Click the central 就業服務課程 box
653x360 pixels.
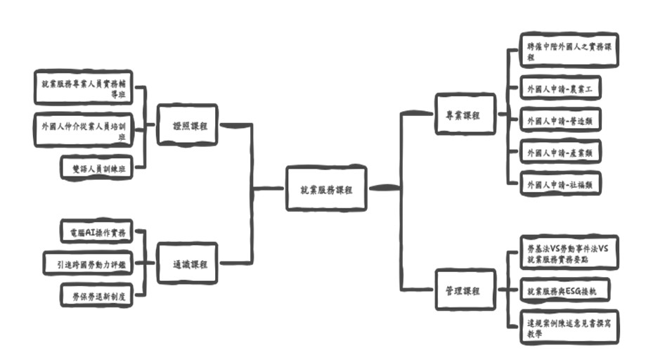click(x=326, y=188)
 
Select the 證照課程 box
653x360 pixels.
click(x=186, y=126)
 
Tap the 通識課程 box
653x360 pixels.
click(x=186, y=264)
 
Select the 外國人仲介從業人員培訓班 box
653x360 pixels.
click(x=84, y=129)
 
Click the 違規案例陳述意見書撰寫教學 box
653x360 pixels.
click(x=569, y=328)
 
